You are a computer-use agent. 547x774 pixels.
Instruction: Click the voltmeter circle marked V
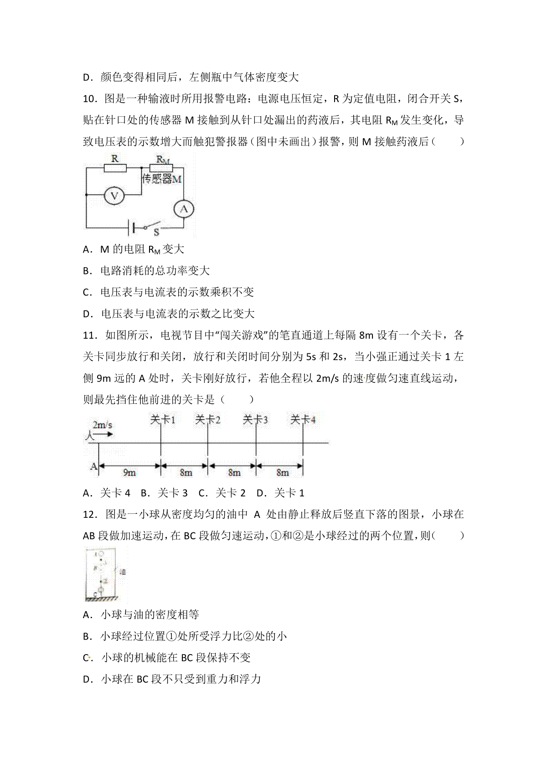(x=114, y=196)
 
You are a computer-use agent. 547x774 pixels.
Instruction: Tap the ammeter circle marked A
(x=184, y=209)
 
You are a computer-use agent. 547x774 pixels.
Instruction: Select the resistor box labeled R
(x=115, y=168)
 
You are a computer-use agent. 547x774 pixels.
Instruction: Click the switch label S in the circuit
(x=156, y=232)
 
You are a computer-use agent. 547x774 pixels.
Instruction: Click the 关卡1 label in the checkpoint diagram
(x=163, y=420)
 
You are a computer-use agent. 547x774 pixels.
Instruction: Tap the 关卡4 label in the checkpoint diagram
(x=303, y=420)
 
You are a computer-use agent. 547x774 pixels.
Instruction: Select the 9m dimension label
(x=129, y=473)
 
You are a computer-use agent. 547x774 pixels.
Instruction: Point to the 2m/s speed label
(x=103, y=425)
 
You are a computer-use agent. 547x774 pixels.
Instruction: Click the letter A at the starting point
(x=93, y=466)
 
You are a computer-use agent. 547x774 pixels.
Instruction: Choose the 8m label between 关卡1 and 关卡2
(x=186, y=473)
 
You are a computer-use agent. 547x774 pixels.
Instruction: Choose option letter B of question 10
(x=87, y=271)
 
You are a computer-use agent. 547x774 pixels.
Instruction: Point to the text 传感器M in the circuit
(x=161, y=179)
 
